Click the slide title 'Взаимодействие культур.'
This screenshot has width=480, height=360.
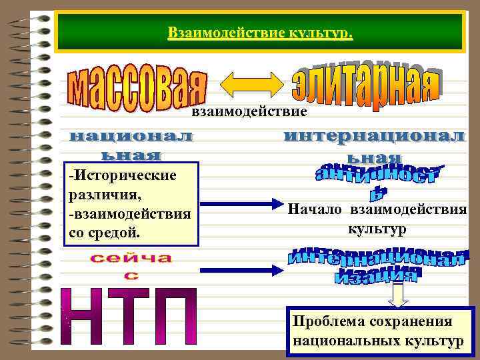(x=260, y=32)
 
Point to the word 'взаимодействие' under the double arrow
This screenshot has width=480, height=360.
(x=249, y=111)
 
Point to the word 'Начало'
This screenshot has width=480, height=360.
(x=314, y=210)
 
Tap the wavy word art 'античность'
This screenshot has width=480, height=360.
(x=377, y=179)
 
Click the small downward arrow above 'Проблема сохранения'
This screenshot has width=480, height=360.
(x=399, y=294)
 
